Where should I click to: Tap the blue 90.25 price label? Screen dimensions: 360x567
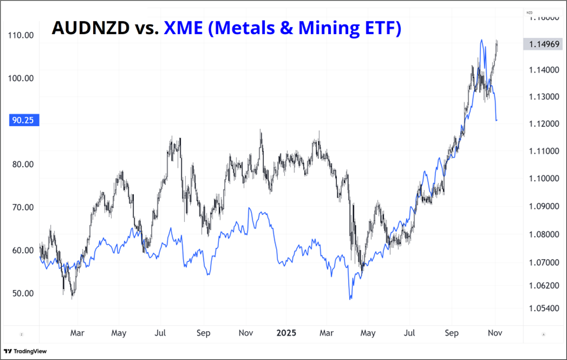22,120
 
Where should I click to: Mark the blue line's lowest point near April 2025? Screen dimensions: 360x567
350,299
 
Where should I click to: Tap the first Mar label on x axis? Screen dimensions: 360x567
77,333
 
